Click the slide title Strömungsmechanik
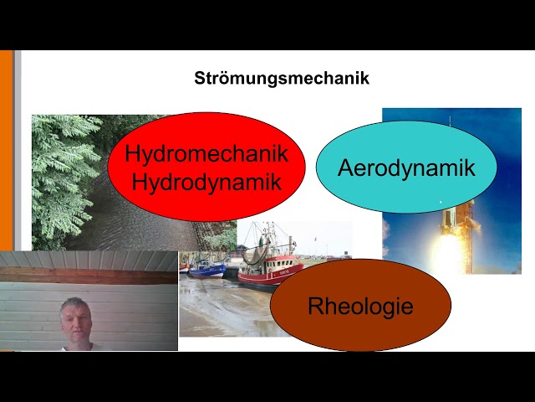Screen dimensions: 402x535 tap(282, 80)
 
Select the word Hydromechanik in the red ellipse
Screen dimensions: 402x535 tap(206, 154)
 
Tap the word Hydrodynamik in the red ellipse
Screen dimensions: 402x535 tap(206, 182)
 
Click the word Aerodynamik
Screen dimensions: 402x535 tap(406, 167)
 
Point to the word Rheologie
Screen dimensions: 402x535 tap(360, 306)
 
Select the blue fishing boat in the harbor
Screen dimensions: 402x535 tap(206, 269)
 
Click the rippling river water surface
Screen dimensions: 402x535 tap(125, 226)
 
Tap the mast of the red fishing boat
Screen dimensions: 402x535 tap(267, 239)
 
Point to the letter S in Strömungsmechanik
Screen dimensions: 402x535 tap(200, 80)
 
